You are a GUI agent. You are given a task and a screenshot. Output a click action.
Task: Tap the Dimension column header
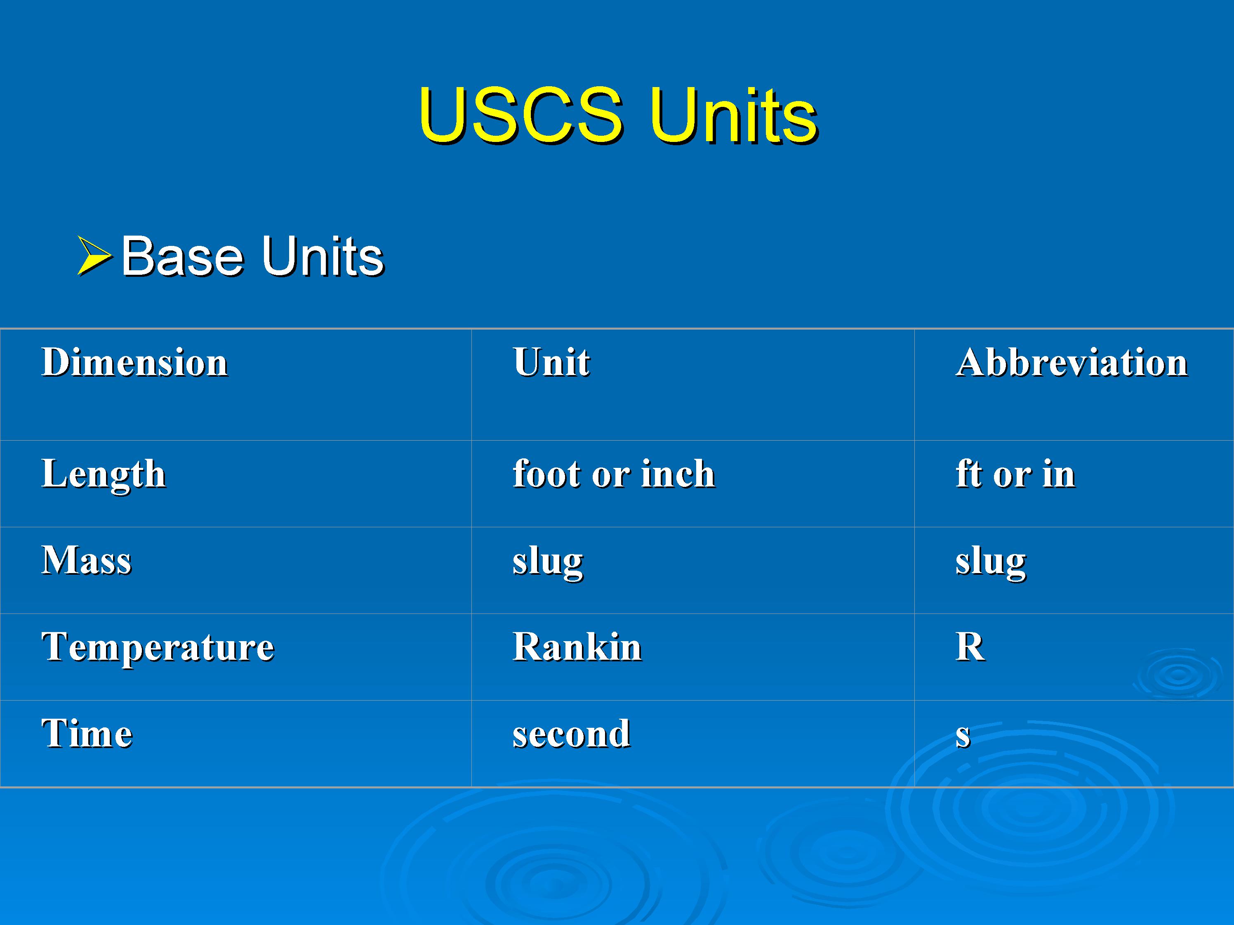135,362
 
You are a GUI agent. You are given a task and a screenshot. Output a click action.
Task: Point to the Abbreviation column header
1072,362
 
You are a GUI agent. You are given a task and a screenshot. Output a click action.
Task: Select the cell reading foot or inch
614,474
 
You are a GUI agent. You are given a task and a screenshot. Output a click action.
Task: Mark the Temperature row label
158,648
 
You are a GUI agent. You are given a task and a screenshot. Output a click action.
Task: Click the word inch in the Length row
678,474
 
